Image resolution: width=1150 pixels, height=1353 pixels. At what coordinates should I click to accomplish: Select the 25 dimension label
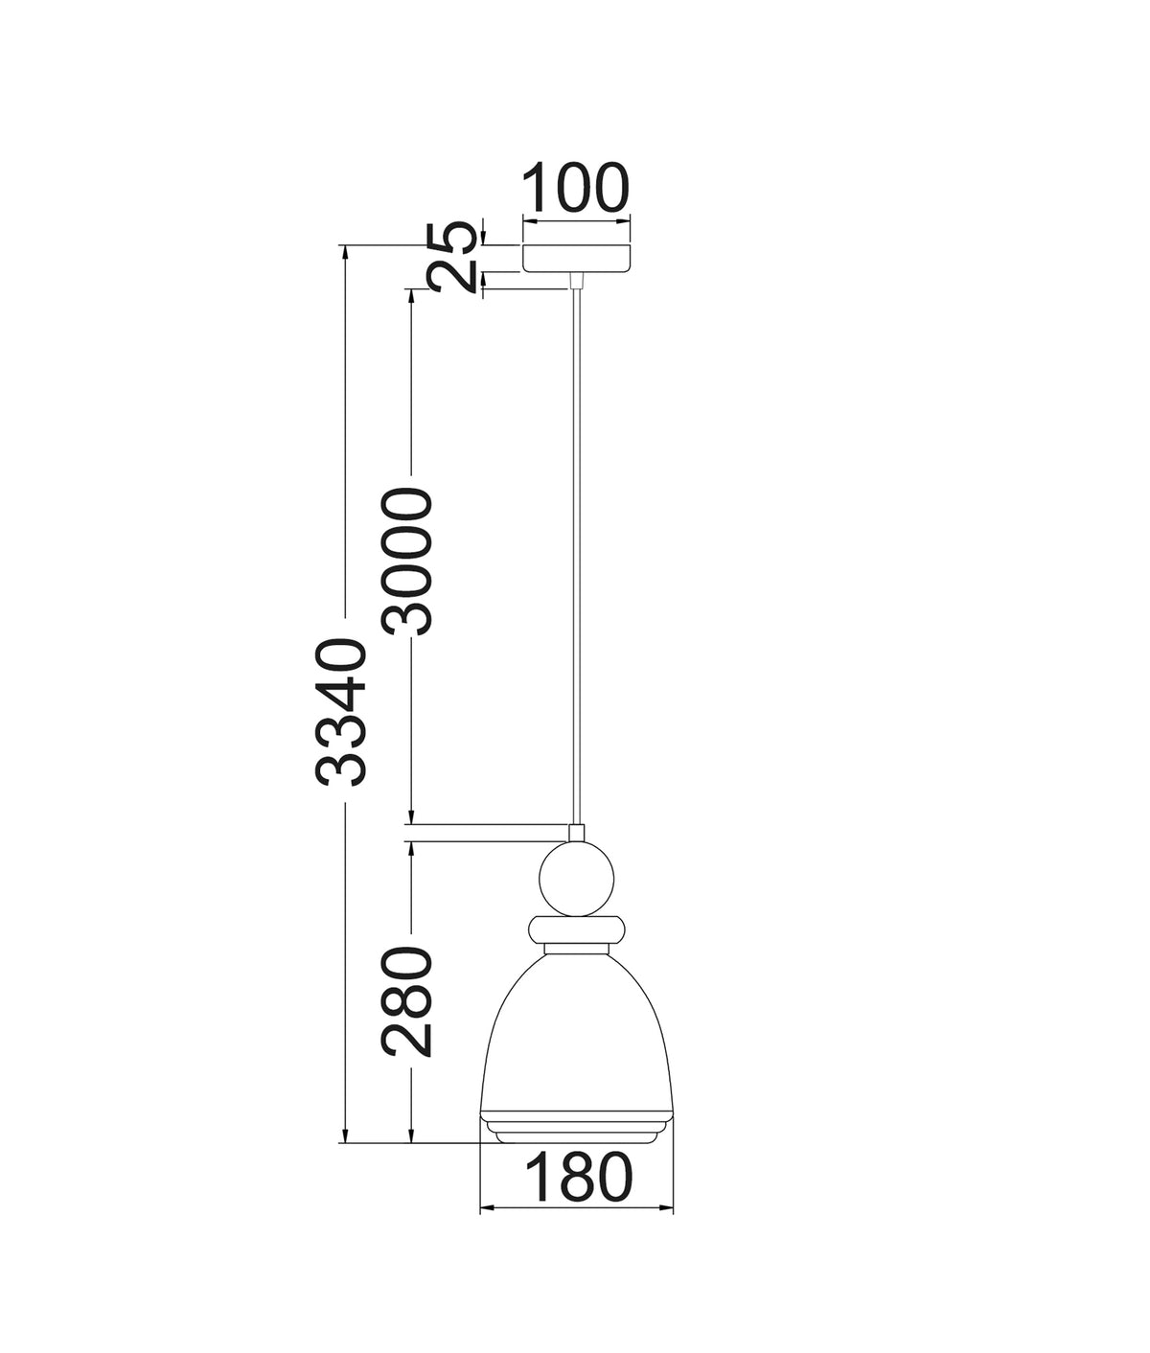tap(449, 256)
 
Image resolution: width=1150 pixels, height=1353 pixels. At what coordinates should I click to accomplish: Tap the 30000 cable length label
tap(406, 561)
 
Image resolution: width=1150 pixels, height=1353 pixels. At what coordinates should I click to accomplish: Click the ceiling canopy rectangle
tap(577, 259)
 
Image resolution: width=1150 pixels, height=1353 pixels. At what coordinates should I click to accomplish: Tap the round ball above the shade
tap(577, 879)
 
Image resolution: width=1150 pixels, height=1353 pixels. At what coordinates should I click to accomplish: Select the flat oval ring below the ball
tap(577, 929)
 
